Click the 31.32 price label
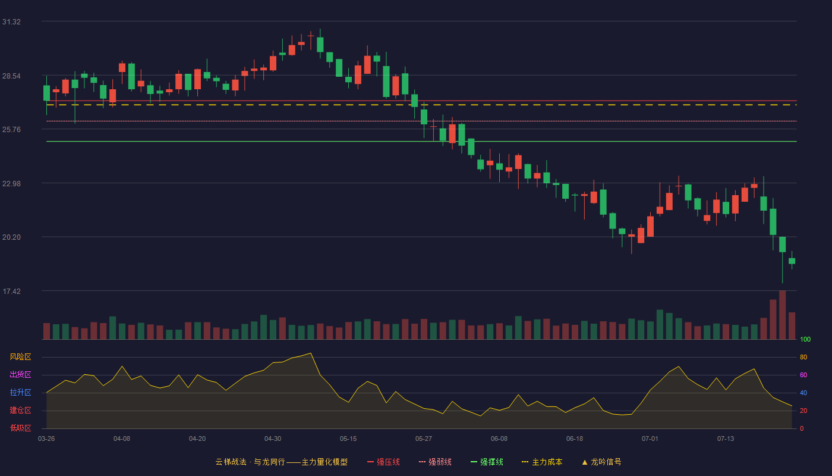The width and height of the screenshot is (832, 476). pyautogui.click(x=11, y=22)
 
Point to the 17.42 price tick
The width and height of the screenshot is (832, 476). pyautogui.click(x=11, y=291)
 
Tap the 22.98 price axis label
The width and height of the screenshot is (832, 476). pyautogui.click(x=11, y=184)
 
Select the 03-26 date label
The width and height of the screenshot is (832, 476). pyautogui.click(x=46, y=439)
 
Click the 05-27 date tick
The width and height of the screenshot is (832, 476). pyautogui.click(x=423, y=439)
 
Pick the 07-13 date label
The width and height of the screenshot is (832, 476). pyautogui.click(x=726, y=439)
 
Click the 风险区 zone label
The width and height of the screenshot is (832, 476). pyautogui.click(x=20, y=357)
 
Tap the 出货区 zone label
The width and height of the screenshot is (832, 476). pyautogui.click(x=20, y=374)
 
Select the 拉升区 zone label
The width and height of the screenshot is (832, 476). pyautogui.click(x=20, y=392)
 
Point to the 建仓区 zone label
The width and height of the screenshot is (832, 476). pyautogui.click(x=20, y=410)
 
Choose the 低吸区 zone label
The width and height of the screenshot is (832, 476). pyautogui.click(x=20, y=428)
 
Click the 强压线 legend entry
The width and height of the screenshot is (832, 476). pyautogui.click(x=383, y=462)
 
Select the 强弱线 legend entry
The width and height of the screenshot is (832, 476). pyautogui.click(x=435, y=462)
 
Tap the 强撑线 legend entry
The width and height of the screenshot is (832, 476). pyautogui.click(x=487, y=462)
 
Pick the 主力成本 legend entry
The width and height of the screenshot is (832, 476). pyautogui.click(x=542, y=462)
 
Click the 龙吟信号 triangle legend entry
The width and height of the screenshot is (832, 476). pyautogui.click(x=601, y=462)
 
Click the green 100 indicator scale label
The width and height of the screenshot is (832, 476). pyautogui.click(x=805, y=339)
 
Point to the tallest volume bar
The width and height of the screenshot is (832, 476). pyautogui.click(x=782, y=315)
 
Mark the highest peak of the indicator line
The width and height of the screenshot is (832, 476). pyautogui.click(x=310, y=353)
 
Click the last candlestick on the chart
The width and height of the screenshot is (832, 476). pyautogui.click(x=792, y=261)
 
